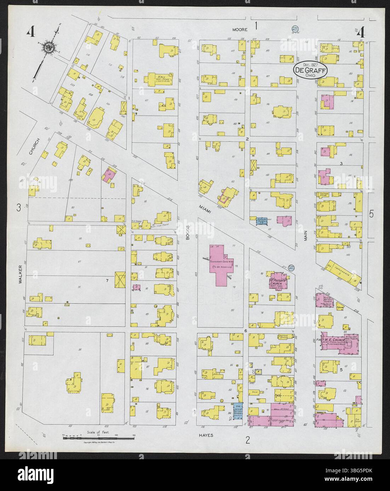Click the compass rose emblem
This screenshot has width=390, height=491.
[48, 48]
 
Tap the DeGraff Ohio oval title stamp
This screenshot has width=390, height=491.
[310, 70]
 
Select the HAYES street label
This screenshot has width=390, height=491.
[206, 435]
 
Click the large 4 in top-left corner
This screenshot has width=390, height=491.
[31, 33]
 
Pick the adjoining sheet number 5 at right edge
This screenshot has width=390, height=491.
[371, 214]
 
